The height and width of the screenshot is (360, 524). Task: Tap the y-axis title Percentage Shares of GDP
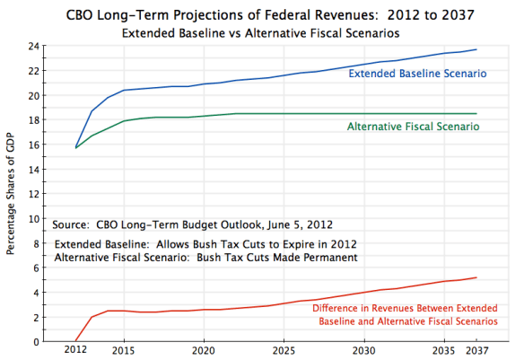pyautogui.click(x=11, y=194)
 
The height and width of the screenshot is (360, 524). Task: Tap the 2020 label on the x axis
pyautogui.click(x=204, y=351)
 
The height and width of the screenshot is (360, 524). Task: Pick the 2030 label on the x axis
pyautogui.click(x=363, y=351)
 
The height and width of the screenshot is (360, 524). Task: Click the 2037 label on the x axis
pyautogui.click(x=476, y=351)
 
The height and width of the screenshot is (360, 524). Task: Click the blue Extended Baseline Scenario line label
pyautogui.click(x=417, y=74)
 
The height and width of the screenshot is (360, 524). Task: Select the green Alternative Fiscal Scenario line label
pyautogui.click(x=413, y=127)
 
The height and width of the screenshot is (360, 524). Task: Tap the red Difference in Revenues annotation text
pyautogui.click(x=404, y=314)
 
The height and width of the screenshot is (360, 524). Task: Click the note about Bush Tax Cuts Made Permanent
pyautogui.click(x=206, y=258)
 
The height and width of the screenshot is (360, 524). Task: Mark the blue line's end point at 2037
pyautogui.click(x=476, y=49)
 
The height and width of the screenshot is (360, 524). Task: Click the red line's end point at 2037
pyautogui.click(x=476, y=277)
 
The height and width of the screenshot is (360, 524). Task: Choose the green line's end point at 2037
pyautogui.click(x=476, y=113)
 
